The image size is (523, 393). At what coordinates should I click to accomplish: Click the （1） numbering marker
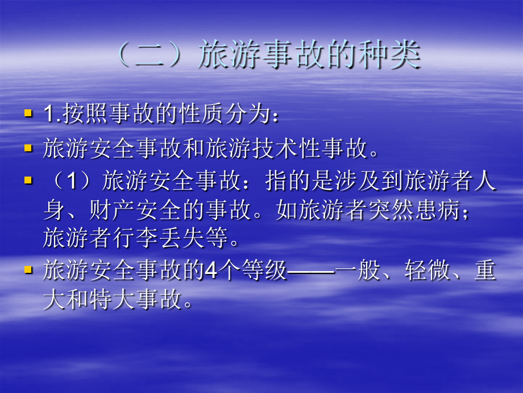[x=72, y=182]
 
